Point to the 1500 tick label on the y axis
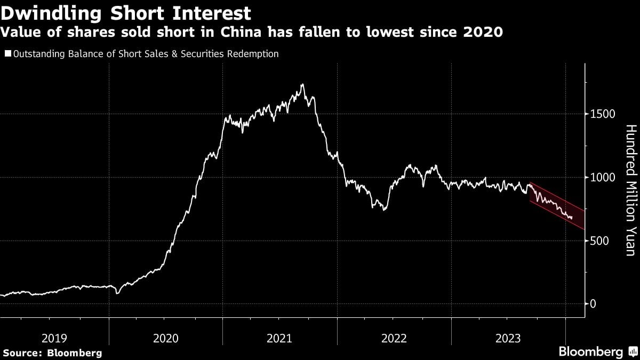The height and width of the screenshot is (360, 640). point(603,114)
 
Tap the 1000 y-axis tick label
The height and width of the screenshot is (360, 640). point(603,178)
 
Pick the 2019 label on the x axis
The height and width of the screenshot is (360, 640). point(54,338)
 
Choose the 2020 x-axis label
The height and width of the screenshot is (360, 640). point(166,338)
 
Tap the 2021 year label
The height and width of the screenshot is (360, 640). point(280,338)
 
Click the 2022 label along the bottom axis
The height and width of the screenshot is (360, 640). point(394,338)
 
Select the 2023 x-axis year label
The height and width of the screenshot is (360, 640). point(508,338)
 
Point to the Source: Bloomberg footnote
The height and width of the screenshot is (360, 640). point(52,353)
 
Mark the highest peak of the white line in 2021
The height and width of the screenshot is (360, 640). point(302,84)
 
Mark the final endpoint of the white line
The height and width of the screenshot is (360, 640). point(572,218)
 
